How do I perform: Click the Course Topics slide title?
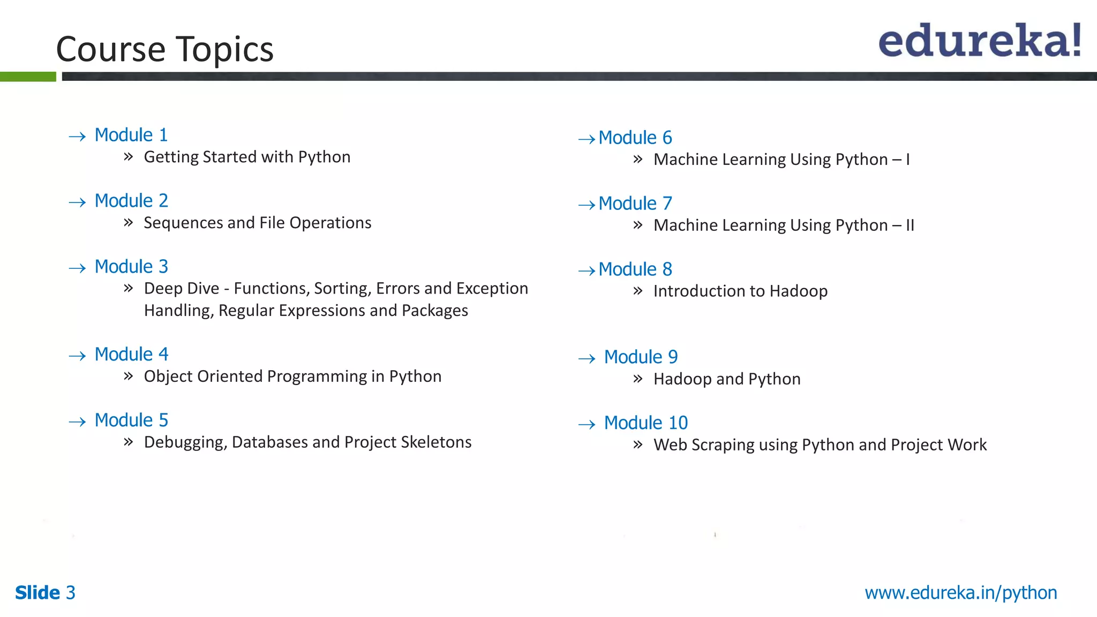pyautogui.click(x=164, y=49)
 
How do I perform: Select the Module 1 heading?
pyautogui.click(x=131, y=135)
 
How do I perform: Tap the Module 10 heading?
pyautogui.click(x=645, y=423)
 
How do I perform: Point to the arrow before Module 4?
pyautogui.click(x=77, y=356)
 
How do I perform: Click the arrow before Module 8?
pyautogui.click(x=587, y=271)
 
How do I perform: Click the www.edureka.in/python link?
pyautogui.click(x=960, y=593)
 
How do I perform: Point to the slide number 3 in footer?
pyautogui.click(x=71, y=593)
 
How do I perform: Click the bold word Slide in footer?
pyautogui.click(x=37, y=593)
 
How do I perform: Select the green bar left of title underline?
pyautogui.click(x=28, y=77)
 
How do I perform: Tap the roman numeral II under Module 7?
pyautogui.click(x=910, y=225)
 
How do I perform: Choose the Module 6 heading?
pyautogui.click(x=635, y=138)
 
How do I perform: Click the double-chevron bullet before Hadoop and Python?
pyautogui.click(x=637, y=379)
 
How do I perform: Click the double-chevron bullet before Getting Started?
pyautogui.click(x=128, y=157)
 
